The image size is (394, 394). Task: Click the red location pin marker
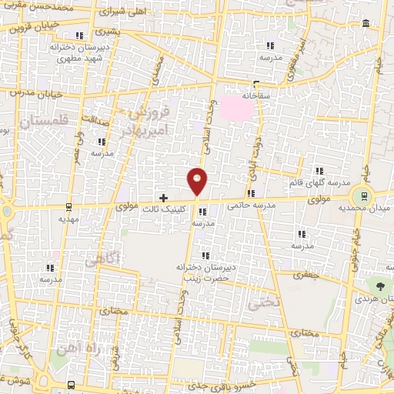(198, 181)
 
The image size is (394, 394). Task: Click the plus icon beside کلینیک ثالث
(163, 198)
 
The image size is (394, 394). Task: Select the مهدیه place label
(69, 218)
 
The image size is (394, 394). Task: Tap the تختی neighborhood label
(261, 303)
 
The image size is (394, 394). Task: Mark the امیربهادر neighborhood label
(132, 132)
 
